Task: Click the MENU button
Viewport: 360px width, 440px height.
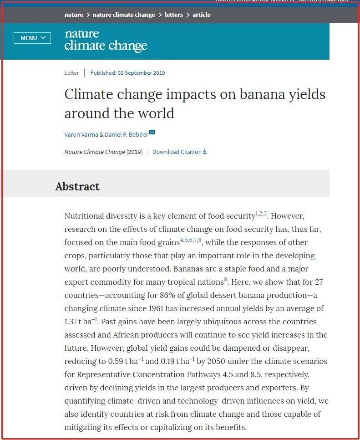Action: (x=32, y=38)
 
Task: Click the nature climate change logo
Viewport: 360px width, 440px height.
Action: (x=106, y=41)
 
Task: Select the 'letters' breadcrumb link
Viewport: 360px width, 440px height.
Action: (x=174, y=15)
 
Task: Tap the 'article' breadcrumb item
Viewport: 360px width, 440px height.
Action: (x=201, y=15)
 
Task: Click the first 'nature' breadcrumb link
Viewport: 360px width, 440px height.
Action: (x=74, y=15)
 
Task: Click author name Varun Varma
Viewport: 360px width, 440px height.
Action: (x=81, y=134)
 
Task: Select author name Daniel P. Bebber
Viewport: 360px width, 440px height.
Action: (x=126, y=134)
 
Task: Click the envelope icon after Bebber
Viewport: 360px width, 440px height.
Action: (x=152, y=133)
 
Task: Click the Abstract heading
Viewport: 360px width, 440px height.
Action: (x=77, y=186)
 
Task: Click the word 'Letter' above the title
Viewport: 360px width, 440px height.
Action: (x=71, y=73)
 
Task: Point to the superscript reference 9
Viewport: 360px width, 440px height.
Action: (x=225, y=280)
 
